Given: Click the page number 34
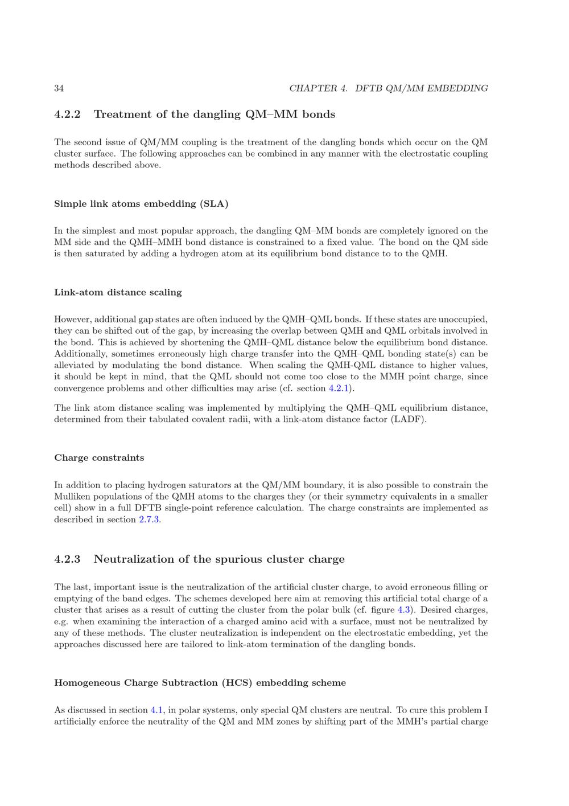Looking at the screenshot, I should point(59,88).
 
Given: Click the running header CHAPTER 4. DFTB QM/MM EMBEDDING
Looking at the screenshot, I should point(388,88).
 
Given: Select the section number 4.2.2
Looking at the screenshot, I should point(67,114).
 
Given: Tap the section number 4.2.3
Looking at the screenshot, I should point(67,559).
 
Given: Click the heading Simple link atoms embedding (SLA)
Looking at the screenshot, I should point(141,204).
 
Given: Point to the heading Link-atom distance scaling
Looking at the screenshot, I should point(118,293).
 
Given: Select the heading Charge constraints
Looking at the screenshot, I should point(99,458).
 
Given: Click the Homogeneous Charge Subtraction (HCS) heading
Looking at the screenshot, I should point(200,683).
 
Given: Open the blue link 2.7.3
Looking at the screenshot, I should point(149,519).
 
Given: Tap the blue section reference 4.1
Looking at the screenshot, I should point(156,710).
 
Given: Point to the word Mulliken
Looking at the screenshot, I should point(72,497).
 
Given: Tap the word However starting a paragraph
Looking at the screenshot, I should point(73,320).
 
